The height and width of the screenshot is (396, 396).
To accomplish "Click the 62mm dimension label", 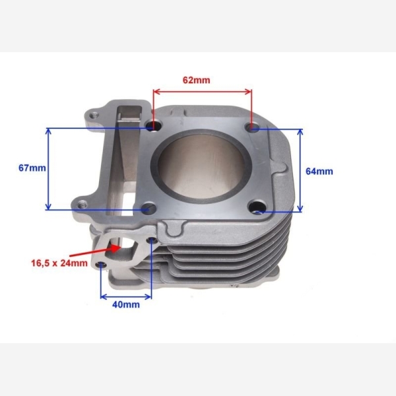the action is (196, 80).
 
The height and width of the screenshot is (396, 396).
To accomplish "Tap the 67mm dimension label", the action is (32, 168).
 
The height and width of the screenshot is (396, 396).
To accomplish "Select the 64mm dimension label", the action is (319, 171).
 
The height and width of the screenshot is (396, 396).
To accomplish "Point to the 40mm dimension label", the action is (126, 304).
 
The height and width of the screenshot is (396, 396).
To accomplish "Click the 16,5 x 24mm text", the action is (59, 263).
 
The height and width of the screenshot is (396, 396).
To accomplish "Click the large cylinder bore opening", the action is (201, 166).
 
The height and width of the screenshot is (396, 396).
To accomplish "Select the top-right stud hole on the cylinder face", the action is (253, 127).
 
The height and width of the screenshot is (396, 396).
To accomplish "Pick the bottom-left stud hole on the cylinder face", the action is (149, 208).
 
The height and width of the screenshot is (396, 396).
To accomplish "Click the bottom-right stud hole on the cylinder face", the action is (257, 207).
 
